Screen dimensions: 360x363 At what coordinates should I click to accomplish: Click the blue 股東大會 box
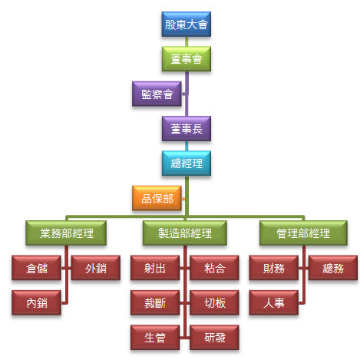(187, 25)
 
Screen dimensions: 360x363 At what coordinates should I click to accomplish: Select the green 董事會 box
(187, 59)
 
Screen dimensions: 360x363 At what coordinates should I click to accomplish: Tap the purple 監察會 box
(157, 94)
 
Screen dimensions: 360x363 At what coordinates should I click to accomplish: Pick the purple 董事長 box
(187, 129)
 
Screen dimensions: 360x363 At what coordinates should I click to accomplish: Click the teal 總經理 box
(187, 163)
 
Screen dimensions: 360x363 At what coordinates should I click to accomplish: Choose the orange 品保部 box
(157, 198)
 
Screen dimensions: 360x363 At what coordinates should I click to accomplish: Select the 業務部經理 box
(66, 233)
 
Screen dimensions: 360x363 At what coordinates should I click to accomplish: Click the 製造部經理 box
(185, 233)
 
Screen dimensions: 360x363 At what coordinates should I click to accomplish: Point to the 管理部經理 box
(303, 233)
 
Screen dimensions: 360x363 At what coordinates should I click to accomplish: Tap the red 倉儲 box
(36, 268)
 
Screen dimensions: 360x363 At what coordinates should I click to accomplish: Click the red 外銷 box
(96, 268)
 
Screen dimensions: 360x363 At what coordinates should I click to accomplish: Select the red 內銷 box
(36, 302)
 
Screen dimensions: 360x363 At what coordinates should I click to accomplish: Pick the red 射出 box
(155, 268)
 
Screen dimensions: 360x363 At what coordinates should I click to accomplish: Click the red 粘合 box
(214, 268)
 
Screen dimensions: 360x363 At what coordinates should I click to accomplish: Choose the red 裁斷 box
(155, 302)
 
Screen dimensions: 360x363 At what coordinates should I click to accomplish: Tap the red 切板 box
(214, 302)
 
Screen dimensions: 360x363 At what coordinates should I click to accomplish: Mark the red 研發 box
(214, 338)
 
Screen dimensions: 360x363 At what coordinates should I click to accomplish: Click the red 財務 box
(274, 268)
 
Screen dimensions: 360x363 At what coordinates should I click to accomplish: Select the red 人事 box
(274, 302)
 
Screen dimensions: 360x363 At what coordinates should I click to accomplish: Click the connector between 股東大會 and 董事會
(187, 41)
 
